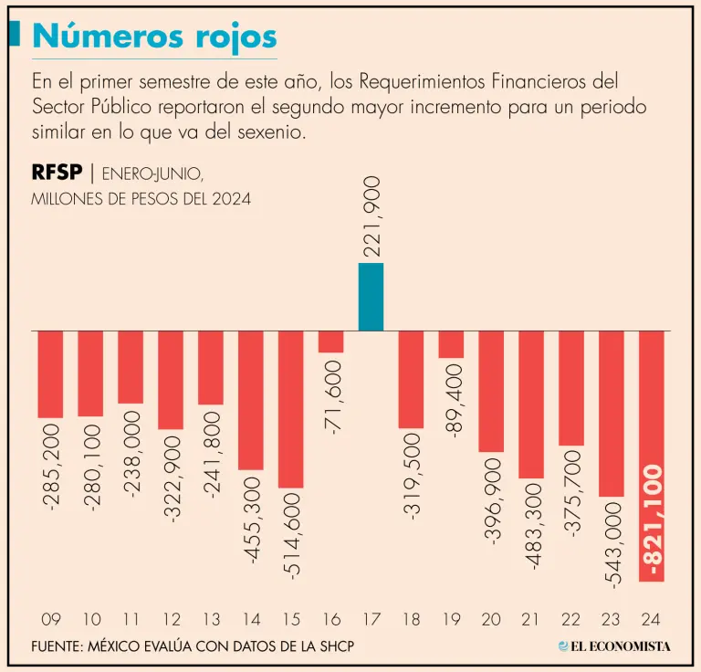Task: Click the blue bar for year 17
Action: pyautogui.click(x=371, y=297)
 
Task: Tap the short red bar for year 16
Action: pyautogui.click(x=330, y=341)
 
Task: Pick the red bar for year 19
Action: pyautogui.click(x=451, y=343)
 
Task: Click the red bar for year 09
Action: pyautogui.click(x=50, y=373)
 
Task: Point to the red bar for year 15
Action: pyautogui.click(x=290, y=408)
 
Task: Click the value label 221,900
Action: pyautogui.click(x=371, y=216)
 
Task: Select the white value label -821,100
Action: pyautogui.click(x=652, y=521)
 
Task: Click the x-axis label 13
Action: pyautogui.click(x=210, y=620)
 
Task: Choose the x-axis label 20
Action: pyautogui.click(x=491, y=620)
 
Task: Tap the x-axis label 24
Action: pyautogui.click(x=652, y=620)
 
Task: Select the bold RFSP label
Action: pyautogui.click(x=58, y=173)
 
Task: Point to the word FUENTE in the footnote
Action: pyautogui.click(x=57, y=646)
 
